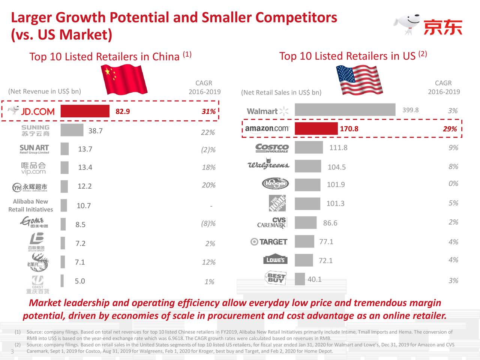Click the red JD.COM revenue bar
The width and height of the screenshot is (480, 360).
coord(85,111)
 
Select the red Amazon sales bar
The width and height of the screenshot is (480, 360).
coord(316,129)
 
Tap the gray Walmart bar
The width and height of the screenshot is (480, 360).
coord(345,110)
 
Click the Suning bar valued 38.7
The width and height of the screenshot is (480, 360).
coord(72,130)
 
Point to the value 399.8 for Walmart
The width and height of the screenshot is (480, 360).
coord(410,110)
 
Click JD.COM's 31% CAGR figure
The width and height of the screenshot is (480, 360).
coord(208,111)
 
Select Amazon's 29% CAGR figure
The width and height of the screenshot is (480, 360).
coord(450,129)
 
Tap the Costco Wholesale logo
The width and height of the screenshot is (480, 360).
coord(272,148)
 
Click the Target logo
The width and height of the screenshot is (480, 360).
coord(269,242)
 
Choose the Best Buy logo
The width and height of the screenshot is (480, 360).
coord(276,278)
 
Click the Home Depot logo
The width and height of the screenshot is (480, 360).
coord(277,203)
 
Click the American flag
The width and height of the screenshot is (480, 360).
coord(359,80)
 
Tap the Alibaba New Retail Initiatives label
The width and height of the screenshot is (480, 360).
coord(31,205)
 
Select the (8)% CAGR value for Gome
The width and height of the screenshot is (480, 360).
coord(208,224)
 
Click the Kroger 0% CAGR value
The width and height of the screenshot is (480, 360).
coord(453,183)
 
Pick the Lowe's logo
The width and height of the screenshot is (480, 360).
coord(275,260)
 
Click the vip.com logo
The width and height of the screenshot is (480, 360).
coord(33,168)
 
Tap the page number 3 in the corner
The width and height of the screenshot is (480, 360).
coord(12,351)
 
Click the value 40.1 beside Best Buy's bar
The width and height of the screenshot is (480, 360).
coord(314,279)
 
